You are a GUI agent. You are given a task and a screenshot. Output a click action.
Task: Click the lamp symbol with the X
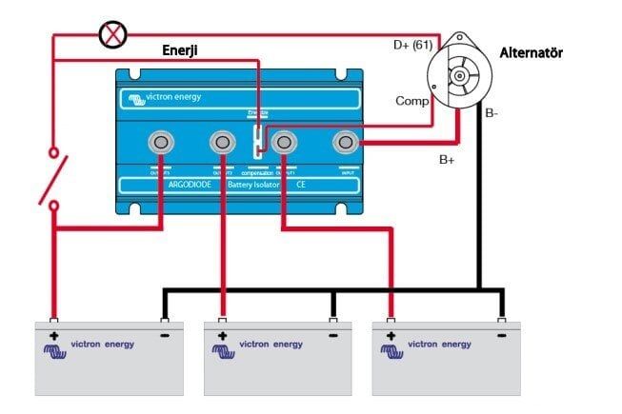pyautogui.click(x=113, y=35)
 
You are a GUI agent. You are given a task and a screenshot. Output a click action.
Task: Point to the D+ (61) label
pyautogui.click(x=413, y=45)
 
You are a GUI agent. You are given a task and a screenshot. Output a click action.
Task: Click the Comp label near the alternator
pyautogui.click(x=412, y=100)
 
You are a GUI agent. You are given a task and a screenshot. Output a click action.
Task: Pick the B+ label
pyautogui.click(x=447, y=160)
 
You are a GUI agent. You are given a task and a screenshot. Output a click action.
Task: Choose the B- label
pyautogui.click(x=492, y=114)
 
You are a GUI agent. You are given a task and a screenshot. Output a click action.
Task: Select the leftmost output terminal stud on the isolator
pyautogui.click(x=162, y=143)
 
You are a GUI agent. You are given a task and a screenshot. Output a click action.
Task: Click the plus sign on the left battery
pyautogui.click(x=54, y=336)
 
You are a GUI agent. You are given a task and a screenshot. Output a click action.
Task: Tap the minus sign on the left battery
pyautogui.click(x=166, y=336)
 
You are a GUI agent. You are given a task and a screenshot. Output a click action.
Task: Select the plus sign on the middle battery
pyautogui.click(x=222, y=336)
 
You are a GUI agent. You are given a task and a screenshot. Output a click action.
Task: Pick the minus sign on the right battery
pyautogui.click(x=501, y=336)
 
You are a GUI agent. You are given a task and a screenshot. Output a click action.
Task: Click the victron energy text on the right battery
pyautogui.click(x=435, y=345)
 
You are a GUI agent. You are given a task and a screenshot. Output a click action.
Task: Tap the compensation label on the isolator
pyautogui.click(x=256, y=172)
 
